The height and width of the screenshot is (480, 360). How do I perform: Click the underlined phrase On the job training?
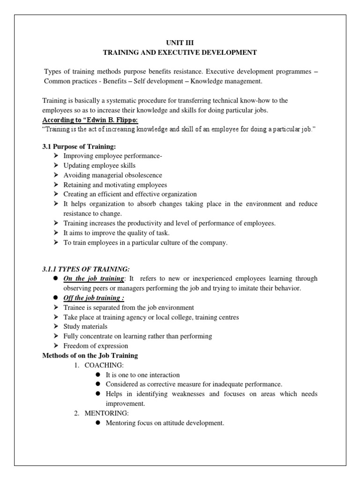[x=94, y=278]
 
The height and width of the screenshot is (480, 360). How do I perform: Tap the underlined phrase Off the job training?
[x=94, y=298]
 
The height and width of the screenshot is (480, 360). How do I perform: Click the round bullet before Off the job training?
[x=56, y=298]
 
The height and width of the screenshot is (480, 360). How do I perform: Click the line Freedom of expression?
[x=96, y=346]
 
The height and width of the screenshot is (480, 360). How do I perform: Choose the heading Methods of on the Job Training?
[x=90, y=356]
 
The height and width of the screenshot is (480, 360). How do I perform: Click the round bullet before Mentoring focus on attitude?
[x=98, y=423]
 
